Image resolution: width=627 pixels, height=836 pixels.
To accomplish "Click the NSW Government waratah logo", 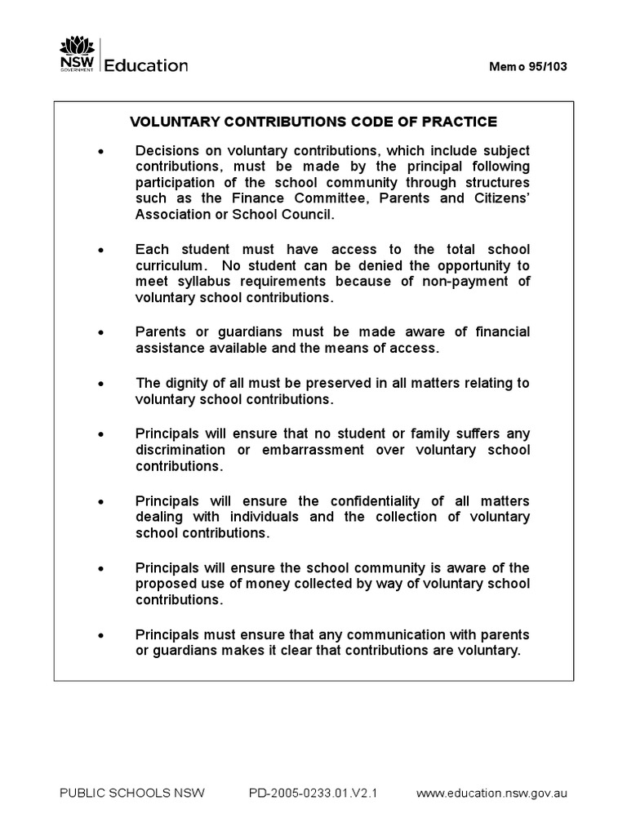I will coord(75,55).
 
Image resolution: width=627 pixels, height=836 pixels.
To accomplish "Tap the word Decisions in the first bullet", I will coord(166,151).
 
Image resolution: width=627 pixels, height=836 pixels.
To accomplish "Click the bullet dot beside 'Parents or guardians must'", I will coord(101,333).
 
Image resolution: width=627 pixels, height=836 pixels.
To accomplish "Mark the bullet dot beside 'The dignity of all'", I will coord(101,384).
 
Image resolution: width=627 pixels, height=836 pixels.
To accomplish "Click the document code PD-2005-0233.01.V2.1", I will coord(312,793).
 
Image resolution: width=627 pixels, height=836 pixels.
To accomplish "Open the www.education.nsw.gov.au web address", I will coord(492,793).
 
